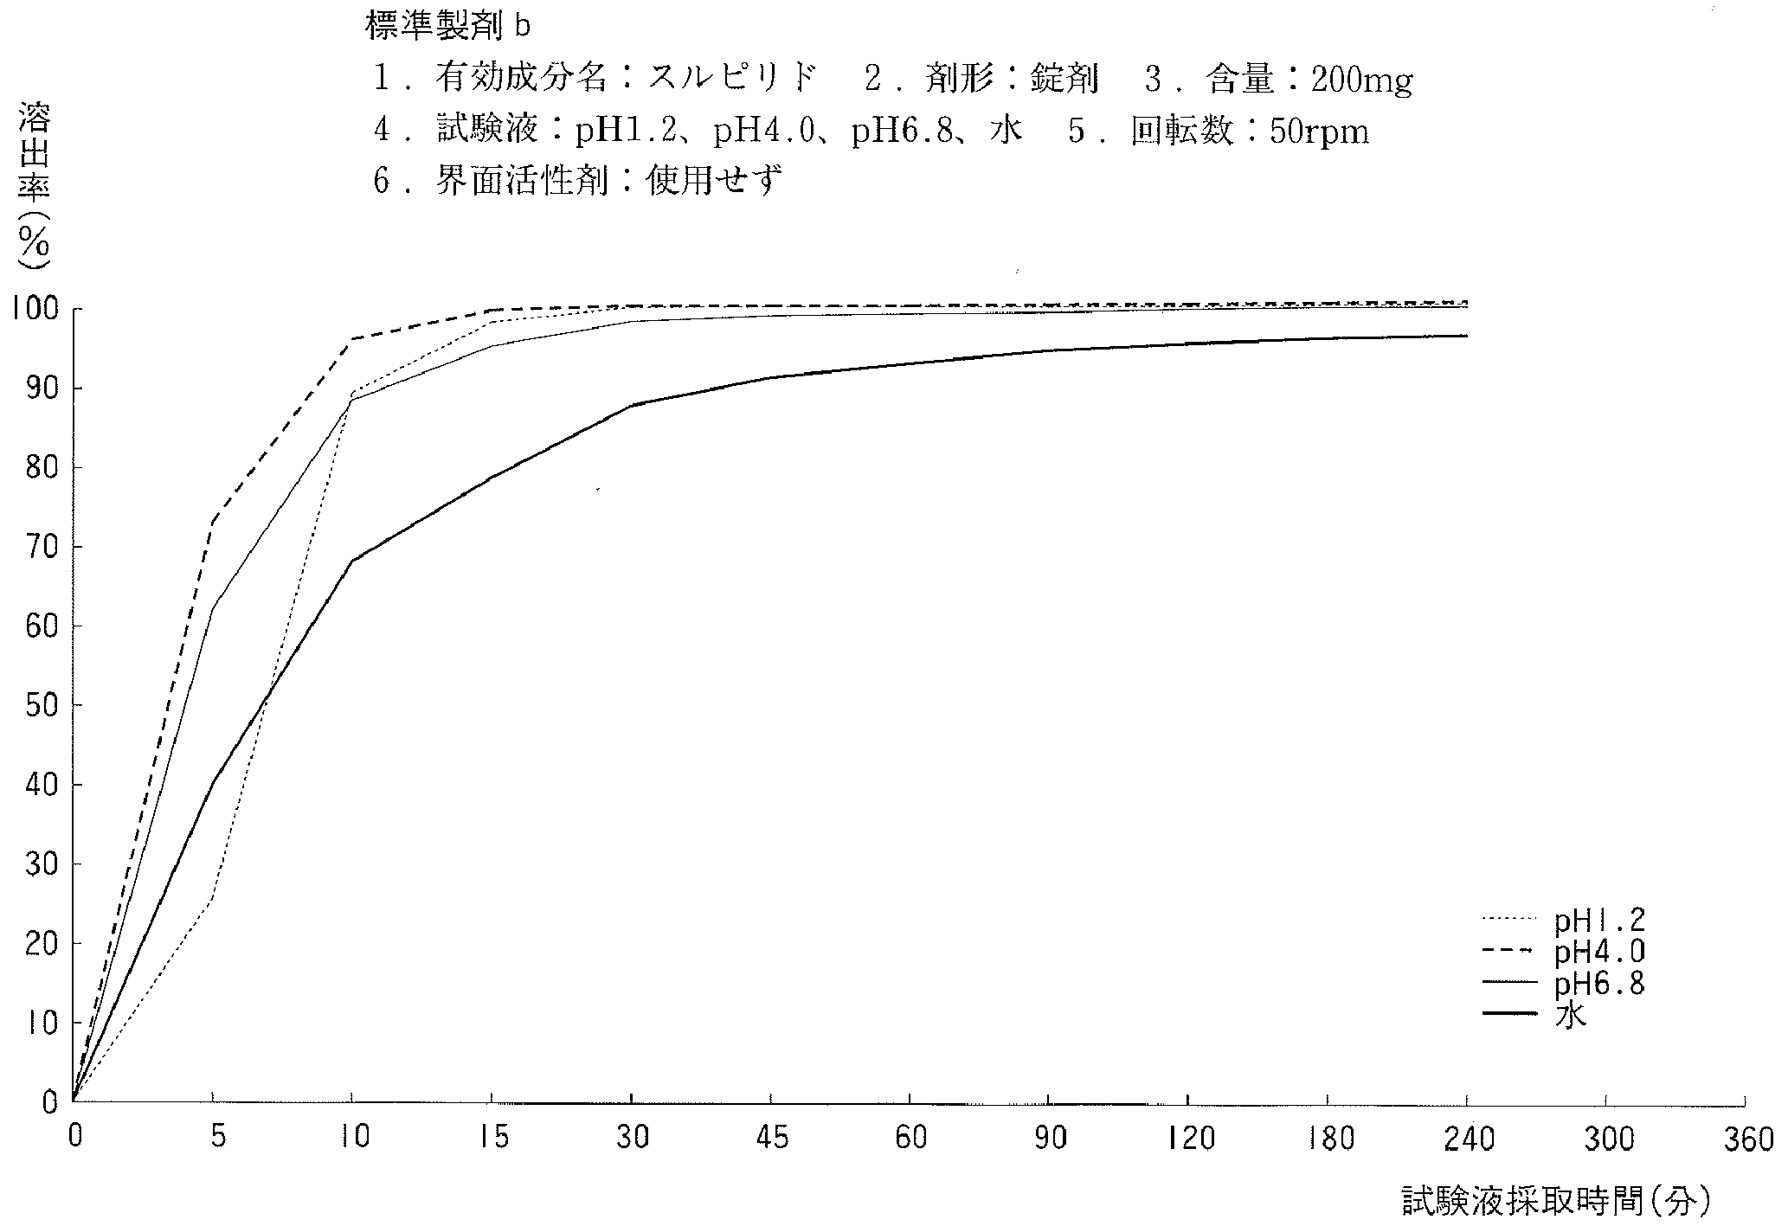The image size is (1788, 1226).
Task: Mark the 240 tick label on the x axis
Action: [x=1469, y=1139]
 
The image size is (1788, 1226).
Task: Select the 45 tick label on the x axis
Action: [x=771, y=1139]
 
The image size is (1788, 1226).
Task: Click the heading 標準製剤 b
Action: [x=447, y=27]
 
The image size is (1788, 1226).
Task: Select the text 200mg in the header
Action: [x=1361, y=80]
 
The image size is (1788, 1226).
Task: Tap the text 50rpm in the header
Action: [x=1319, y=132]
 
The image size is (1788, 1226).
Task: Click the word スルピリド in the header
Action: [x=733, y=80]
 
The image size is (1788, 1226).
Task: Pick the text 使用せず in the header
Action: [x=713, y=183]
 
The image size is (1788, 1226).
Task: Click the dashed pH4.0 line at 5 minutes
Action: [x=213, y=521]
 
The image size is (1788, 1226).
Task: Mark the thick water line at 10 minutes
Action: [x=352, y=561]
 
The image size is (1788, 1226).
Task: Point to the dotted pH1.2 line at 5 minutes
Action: [x=213, y=900]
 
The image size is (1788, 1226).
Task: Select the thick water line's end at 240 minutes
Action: [x=1466, y=336]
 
